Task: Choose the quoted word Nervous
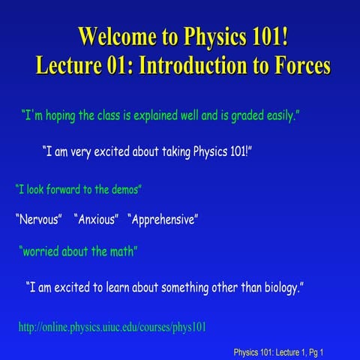coord(38,220)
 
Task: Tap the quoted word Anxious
coord(97,220)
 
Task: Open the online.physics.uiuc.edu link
coord(112,327)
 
